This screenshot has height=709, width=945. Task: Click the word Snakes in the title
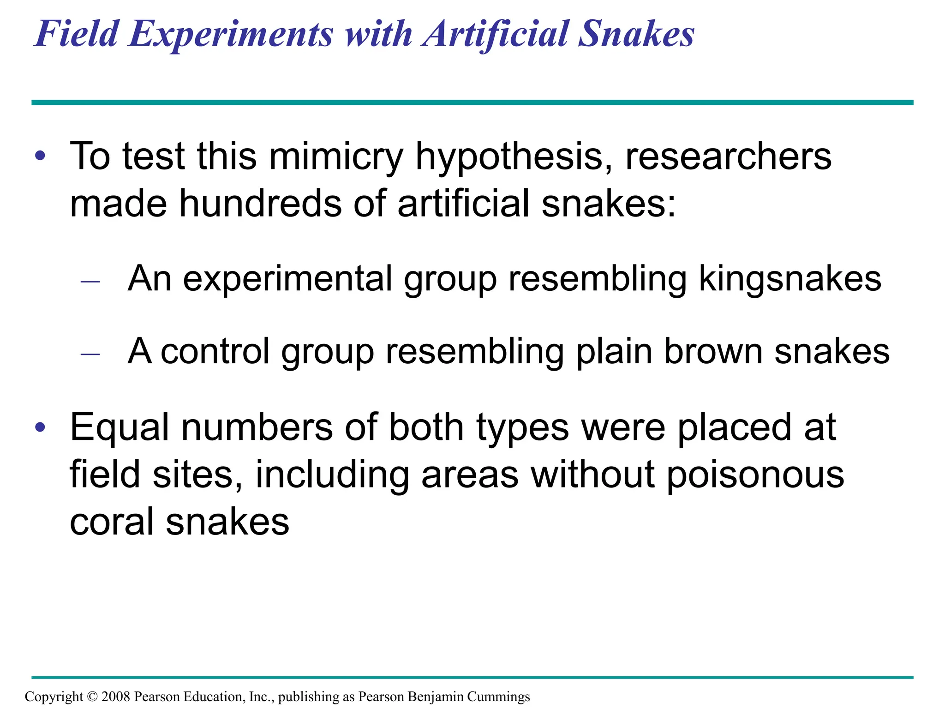[x=636, y=34]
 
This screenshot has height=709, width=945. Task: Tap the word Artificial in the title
[x=496, y=34]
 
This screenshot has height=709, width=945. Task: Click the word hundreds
[x=260, y=204]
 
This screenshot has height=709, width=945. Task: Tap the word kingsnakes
[x=790, y=278]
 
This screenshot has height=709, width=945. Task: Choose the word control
[x=215, y=351]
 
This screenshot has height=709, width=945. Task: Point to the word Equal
[x=120, y=427]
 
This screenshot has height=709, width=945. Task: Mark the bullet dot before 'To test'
[x=41, y=156]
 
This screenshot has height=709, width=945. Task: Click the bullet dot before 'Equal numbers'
[x=41, y=427]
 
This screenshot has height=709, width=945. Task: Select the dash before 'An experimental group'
[x=90, y=281]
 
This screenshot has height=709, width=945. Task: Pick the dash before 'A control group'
[x=90, y=354]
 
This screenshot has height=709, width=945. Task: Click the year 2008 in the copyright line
[x=116, y=696]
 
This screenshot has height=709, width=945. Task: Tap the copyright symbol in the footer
[x=92, y=697]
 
